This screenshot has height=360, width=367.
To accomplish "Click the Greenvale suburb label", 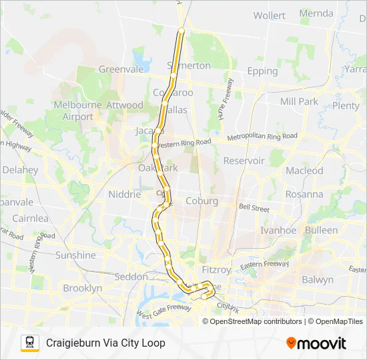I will click(121, 69).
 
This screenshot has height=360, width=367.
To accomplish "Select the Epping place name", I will click(262, 71).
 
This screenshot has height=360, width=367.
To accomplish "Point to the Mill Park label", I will click(299, 101).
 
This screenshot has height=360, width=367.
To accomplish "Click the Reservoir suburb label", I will click(244, 161).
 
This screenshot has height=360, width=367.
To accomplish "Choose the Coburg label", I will click(202, 201).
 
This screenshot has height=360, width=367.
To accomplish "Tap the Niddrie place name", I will click(123, 194).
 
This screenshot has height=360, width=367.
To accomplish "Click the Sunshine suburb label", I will click(75, 255).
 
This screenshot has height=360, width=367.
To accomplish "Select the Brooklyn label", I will click(82, 289).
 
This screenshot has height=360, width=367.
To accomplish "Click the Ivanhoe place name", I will click(277, 230).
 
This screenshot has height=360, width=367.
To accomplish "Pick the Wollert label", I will click(269, 15).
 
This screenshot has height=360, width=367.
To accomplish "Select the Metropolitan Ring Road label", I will click(262, 137).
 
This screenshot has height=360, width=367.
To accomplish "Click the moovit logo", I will click(316, 343).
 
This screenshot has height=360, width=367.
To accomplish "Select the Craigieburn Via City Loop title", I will click(105, 343).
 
